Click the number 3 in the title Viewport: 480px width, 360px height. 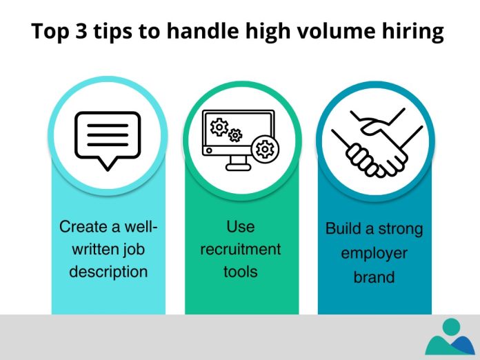pyautogui.click(x=79, y=33)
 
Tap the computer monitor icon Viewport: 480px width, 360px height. pyautogui.click(x=239, y=138)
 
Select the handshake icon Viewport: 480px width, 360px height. pyautogui.click(x=372, y=141)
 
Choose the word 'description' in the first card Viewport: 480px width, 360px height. pyautogui.click(x=108, y=271)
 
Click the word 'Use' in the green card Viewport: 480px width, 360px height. pyautogui.click(x=240, y=226)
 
